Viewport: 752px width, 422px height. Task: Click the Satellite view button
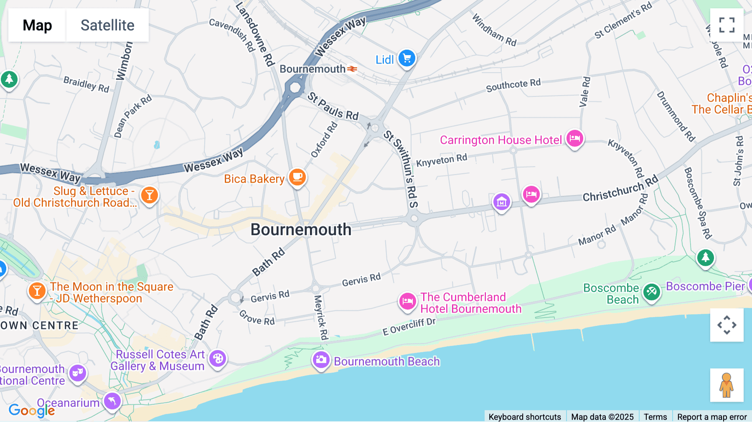107,25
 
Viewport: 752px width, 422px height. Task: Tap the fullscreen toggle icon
727,25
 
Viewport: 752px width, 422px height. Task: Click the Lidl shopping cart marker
406,58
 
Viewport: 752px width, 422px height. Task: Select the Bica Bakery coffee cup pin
297,177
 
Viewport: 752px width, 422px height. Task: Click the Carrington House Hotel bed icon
574,138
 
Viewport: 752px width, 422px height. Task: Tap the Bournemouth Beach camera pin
321,360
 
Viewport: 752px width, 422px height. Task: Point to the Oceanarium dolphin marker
112,402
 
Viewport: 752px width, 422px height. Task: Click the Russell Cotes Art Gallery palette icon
218,358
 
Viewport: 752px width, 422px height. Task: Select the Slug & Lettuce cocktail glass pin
149,195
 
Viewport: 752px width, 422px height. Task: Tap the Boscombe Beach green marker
651,292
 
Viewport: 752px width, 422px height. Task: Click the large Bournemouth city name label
301,229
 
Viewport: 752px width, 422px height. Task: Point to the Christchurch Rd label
620,189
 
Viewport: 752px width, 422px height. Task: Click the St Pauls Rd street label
333,107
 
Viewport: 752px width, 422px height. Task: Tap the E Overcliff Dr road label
409,327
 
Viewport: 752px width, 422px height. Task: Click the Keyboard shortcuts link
525,417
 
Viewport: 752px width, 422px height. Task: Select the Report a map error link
711,417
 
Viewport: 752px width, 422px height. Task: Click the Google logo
32,411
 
